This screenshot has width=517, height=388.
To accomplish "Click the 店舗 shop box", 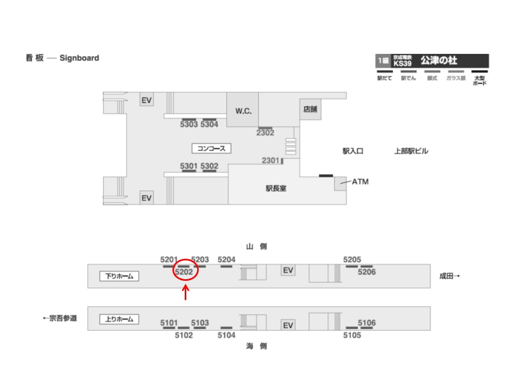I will coord(310,109).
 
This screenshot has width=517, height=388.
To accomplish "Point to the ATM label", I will coord(360,182).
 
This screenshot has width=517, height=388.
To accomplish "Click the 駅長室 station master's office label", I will coord(276,189).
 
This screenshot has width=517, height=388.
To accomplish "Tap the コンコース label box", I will coord(212,148).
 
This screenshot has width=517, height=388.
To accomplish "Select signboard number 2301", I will coord(271,161).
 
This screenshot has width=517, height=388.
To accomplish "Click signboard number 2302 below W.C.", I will coord(265,133).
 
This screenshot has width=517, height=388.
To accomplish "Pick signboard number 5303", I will coord(188,124).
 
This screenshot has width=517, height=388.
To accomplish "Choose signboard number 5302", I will coord(209,166).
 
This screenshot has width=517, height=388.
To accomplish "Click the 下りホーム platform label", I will coord(120,276).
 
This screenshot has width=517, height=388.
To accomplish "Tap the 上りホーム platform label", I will coord(120,319).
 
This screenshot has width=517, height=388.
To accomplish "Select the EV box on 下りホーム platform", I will coord(289,271).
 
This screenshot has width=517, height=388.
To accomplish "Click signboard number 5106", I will coord(367,323).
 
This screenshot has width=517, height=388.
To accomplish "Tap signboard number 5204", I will coord(227,260).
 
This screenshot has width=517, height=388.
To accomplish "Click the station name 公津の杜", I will coord(439,61).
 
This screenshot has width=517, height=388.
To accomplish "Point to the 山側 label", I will coord(256,247).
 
